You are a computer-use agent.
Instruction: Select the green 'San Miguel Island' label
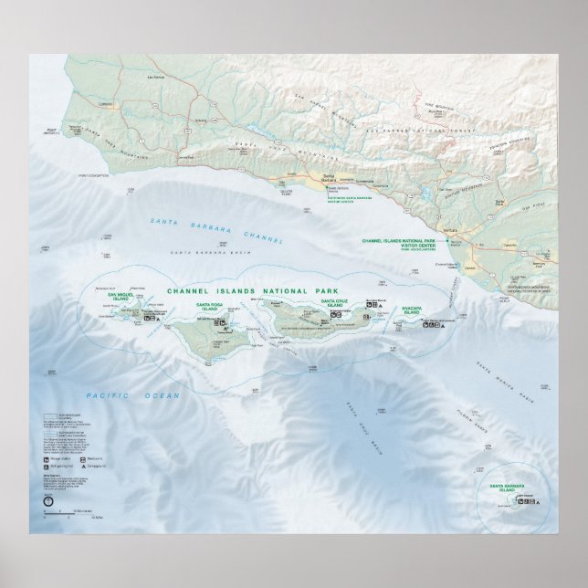click(121, 298)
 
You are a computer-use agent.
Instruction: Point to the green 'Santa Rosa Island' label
click(207, 307)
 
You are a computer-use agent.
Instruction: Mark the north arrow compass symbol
click(47, 500)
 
